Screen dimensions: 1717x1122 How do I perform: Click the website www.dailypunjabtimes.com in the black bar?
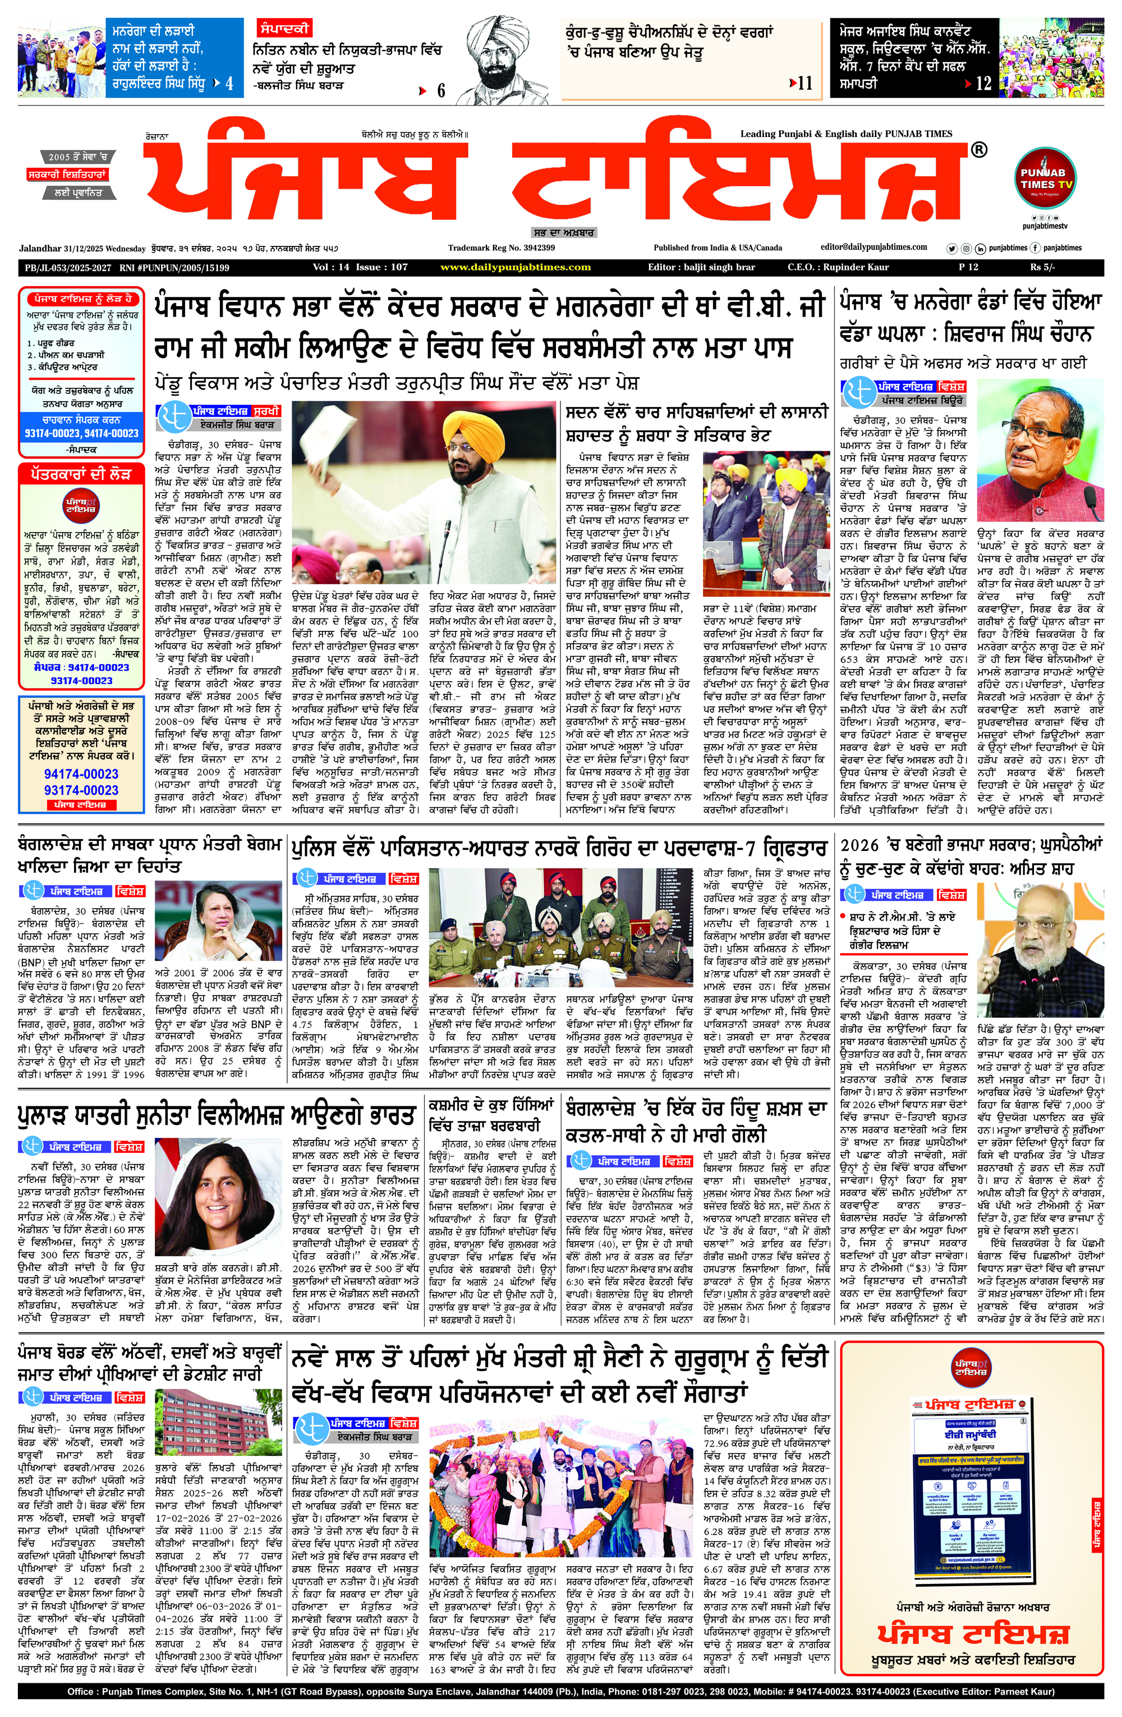tap(515, 267)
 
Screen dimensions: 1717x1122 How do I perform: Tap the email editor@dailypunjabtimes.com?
tap(874, 247)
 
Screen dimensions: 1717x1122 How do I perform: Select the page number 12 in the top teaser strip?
tap(983, 83)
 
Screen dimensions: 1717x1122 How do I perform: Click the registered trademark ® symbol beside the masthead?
tap(978, 150)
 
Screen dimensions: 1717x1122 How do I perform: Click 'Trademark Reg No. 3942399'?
tap(501, 248)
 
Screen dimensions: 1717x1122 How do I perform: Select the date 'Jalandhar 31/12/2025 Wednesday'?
tap(82, 248)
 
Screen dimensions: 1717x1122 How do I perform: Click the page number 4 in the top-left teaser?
tap(229, 83)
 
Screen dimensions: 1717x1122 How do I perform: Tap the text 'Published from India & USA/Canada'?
tap(718, 248)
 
